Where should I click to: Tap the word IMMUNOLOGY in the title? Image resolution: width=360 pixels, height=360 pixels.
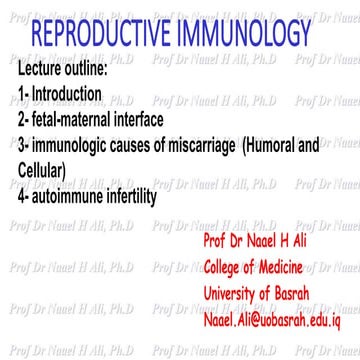pyautogui.click(x=269, y=36)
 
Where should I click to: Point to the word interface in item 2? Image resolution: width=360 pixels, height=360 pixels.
pyautogui.click(x=149, y=121)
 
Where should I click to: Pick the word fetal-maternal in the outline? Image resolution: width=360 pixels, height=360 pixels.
pyautogui.click(x=72, y=121)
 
